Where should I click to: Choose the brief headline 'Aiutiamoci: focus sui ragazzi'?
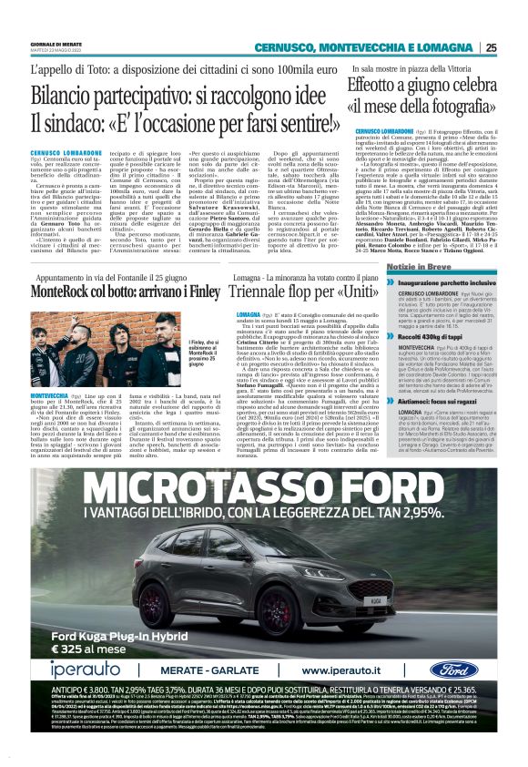click(415, 400)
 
